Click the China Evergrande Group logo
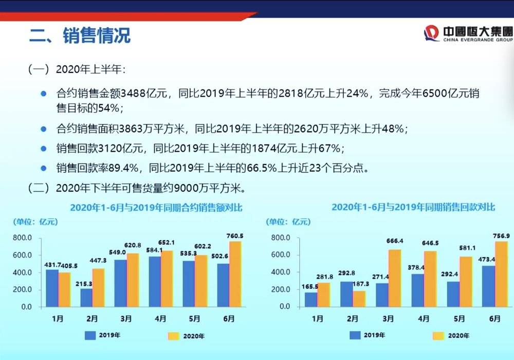(468, 33)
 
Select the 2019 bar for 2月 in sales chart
(86, 297)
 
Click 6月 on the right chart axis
(495, 319)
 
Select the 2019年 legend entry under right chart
(368, 335)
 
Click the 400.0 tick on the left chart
(23, 273)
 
